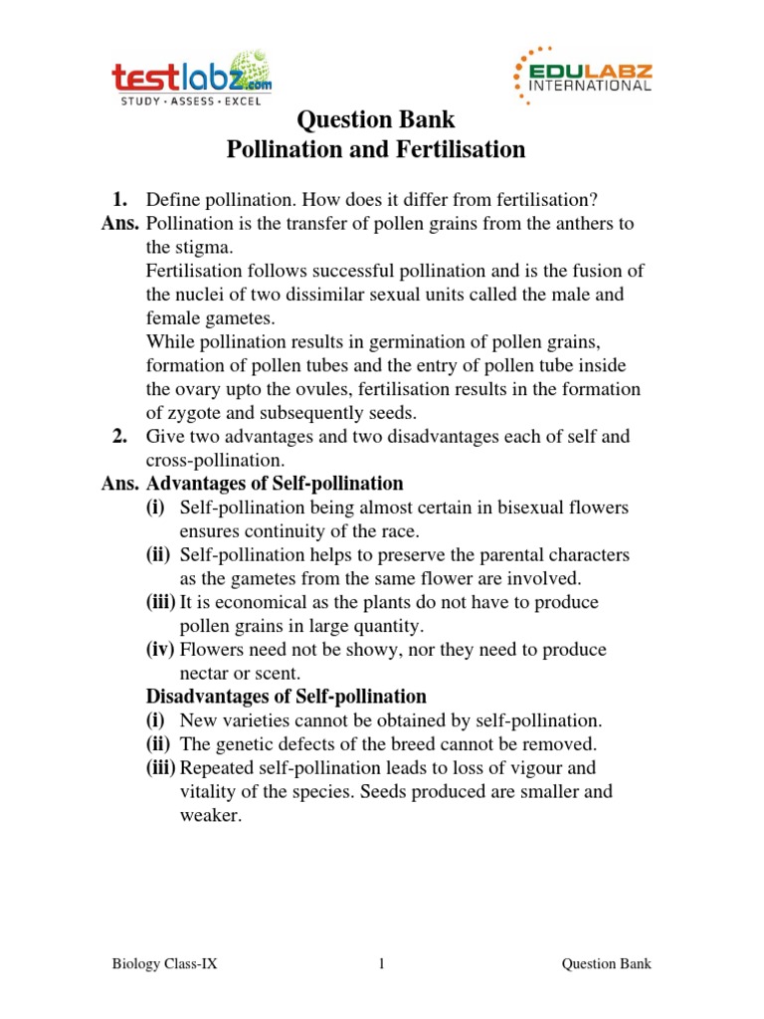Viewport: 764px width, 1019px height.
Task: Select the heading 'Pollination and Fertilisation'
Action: click(376, 150)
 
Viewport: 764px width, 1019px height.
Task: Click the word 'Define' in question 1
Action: click(171, 199)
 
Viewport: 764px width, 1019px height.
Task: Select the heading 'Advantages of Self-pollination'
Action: click(275, 484)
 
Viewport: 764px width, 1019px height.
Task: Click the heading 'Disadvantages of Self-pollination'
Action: click(286, 697)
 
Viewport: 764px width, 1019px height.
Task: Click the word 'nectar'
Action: click(204, 674)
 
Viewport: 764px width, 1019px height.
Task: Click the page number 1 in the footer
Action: click(381, 964)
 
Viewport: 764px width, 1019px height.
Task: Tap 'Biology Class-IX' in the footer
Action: click(163, 964)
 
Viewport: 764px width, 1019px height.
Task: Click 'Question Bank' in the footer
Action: click(607, 964)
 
